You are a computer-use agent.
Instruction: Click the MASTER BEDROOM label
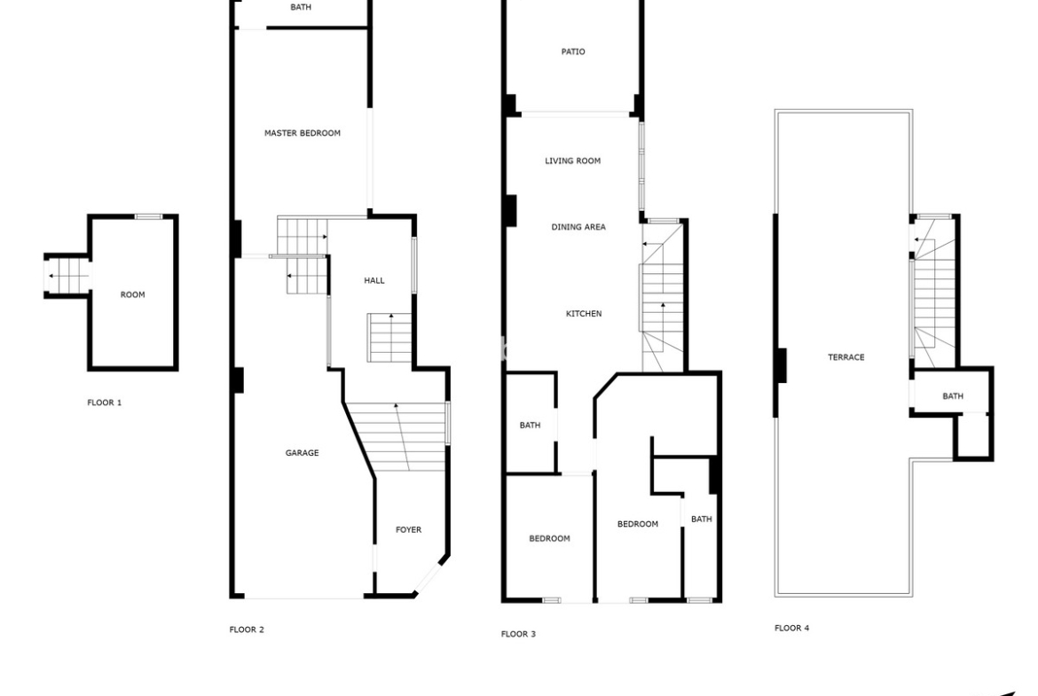point(303,133)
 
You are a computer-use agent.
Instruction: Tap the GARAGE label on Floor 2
point(302,453)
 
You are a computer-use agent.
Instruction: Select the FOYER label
point(408,530)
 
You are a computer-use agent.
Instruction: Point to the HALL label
point(374,280)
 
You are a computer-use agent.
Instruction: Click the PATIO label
point(573,51)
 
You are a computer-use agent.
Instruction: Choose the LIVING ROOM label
point(572,160)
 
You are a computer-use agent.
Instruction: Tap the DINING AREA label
point(578,227)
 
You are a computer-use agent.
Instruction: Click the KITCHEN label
point(584,314)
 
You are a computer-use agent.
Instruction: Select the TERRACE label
point(846,357)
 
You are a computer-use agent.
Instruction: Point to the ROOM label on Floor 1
point(132,295)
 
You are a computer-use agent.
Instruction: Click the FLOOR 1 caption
point(105,403)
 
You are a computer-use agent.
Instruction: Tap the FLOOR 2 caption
point(247,630)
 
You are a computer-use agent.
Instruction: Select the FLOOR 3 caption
point(518,634)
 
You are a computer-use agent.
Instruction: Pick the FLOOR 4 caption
point(791,628)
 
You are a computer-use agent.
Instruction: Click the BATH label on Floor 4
point(953,396)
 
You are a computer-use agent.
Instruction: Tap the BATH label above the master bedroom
point(301,7)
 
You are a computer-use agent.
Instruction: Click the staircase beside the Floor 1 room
point(69,275)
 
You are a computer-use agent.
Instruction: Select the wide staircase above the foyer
point(397,436)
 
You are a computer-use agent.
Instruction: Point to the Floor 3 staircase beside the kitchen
point(662,298)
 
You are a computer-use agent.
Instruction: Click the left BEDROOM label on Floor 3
point(549,538)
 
